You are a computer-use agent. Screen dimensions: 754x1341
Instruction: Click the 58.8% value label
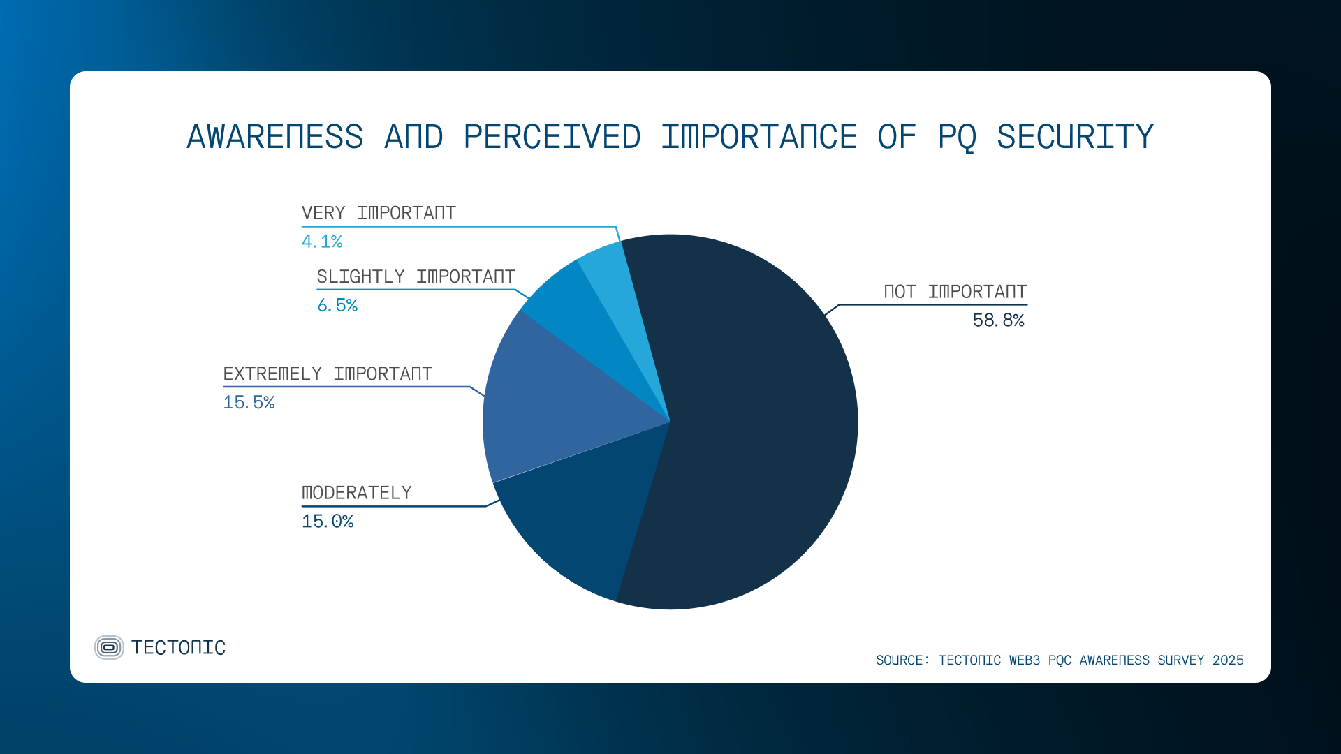(998, 320)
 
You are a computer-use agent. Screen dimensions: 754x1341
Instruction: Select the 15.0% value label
(328, 522)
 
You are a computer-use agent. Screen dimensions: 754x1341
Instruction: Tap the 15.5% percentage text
(249, 403)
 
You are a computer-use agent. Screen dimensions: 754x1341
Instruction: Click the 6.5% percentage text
(337, 306)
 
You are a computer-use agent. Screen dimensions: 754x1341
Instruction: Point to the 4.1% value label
(322, 242)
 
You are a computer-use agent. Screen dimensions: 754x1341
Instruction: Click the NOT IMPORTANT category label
(955, 292)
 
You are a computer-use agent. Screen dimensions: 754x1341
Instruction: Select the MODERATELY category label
(356, 493)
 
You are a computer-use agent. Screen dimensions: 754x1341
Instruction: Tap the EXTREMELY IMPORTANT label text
(328, 374)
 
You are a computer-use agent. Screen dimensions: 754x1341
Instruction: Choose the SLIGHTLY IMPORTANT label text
(416, 277)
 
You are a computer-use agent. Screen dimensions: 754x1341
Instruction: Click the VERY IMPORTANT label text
(379, 213)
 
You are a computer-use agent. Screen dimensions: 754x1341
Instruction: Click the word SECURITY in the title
(1074, 137)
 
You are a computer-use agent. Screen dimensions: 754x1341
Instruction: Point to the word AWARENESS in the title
(274, 137)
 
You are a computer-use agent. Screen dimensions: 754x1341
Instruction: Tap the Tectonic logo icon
(109, 647)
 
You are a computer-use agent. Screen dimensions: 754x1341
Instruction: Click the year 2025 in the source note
(1228, 660)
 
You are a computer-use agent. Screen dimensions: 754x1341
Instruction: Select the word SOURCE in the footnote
(901, 660)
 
